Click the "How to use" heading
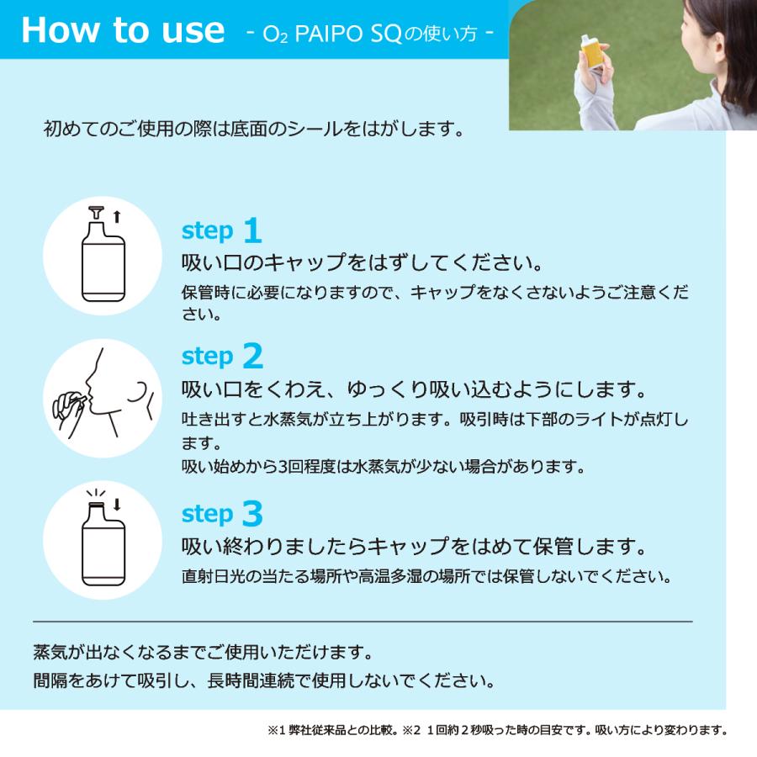tap(123, 30)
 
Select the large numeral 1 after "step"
tap(252, 230)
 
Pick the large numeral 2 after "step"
tap(253, 356)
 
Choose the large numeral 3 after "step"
tap(252, 513)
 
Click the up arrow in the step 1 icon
tap(116, 217)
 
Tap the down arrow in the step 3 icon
tap(116, 505)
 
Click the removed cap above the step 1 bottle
tap(97, 213)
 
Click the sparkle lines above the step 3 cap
tap(96, 495)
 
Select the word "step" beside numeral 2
tap(208, 357)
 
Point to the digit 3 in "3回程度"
tap(283, 467)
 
